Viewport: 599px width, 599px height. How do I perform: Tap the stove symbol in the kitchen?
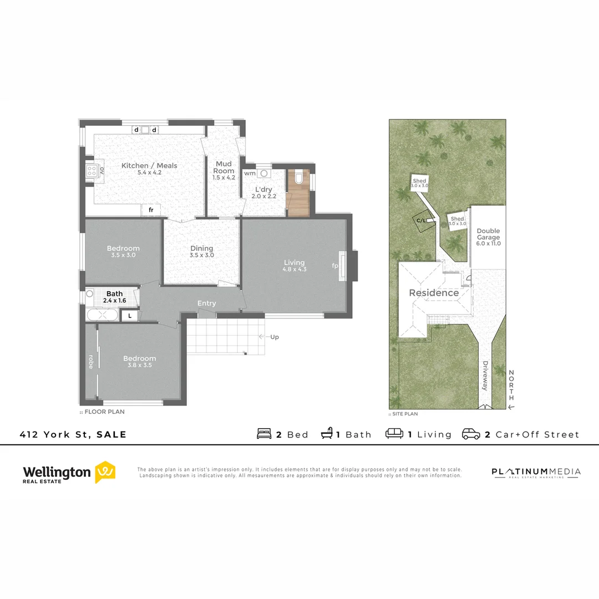coord(92,170)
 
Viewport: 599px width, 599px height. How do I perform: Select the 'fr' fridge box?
coord(151,210)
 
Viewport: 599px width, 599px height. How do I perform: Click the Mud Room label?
coord(224,167)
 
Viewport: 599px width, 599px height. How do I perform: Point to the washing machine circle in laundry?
coord(264,173)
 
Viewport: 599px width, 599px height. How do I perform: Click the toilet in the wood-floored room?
coord(299,177)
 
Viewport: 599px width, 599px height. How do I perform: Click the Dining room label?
coord(202,248)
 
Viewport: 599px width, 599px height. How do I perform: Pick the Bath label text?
coord(115,293)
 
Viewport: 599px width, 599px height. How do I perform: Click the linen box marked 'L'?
coord(130,316)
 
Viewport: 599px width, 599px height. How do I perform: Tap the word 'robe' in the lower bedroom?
coord(91,361)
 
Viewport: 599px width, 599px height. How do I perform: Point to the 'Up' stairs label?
coord(274,337)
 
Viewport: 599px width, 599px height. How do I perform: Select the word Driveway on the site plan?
coord(485,376)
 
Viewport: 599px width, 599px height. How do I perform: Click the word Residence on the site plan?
coord(434,293)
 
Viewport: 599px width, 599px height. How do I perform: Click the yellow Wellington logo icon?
coord(105,471)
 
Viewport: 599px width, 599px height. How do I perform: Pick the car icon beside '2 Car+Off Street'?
coord(471,434)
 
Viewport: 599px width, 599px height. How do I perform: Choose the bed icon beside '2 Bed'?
coord(265,434)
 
